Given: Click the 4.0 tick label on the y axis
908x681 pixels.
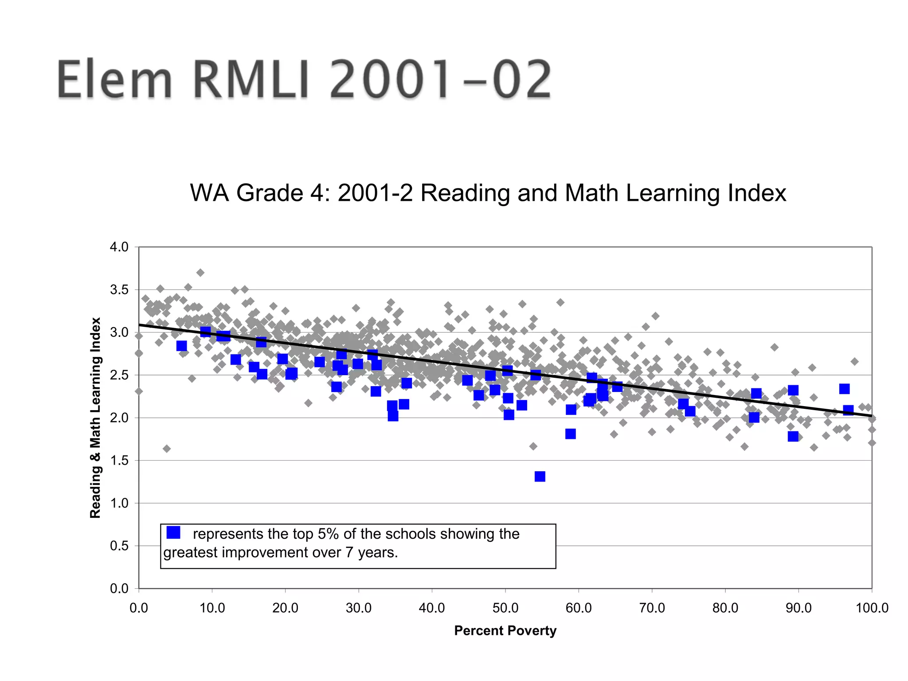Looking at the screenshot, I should click(119, 247).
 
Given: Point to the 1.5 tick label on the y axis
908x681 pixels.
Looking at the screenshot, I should click(119, 461).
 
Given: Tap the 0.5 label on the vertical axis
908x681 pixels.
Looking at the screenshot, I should click(119, 546).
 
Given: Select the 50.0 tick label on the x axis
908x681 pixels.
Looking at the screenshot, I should click(505, 608).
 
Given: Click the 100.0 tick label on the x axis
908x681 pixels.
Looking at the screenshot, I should click(872, 608).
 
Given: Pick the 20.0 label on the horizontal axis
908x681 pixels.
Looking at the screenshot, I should click(285, 608).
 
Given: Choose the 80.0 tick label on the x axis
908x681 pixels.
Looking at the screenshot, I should click(725, 608).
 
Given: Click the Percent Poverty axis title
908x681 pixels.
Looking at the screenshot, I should click(505, 630).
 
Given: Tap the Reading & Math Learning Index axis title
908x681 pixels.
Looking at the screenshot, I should click(95, 417).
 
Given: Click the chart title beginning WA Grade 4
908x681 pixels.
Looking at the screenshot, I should click(488, 193).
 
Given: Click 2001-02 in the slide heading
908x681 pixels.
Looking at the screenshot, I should click(441, 80).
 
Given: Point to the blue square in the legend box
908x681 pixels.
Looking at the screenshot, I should click(173, 532).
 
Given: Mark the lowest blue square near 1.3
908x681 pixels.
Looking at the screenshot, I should click(540, 477).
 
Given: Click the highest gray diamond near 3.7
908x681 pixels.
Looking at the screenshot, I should click(200, 273).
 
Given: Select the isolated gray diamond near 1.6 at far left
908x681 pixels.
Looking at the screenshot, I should click(167, 449).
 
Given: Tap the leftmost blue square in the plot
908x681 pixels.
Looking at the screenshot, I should click(181, 346).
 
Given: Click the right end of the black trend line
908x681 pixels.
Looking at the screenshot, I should click(871, 416).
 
